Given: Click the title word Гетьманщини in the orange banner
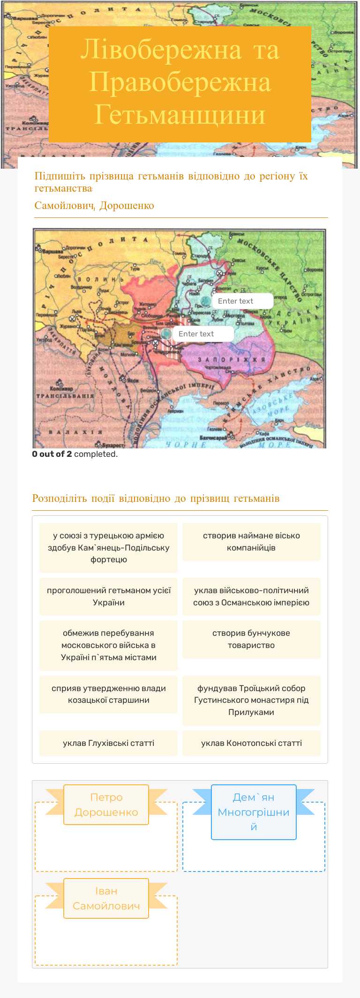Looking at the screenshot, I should click(x=180, y=115).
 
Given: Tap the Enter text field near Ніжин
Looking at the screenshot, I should click(x=242, y=301).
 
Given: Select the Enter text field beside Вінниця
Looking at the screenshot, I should click(x=202, y=334).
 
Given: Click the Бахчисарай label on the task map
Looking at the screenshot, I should click(x=213, y=438).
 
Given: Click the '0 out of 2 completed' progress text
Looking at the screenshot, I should click(x=75, y=454).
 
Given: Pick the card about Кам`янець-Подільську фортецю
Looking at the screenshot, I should click(x=108, y=547).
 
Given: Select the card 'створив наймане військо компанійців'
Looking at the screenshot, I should click(x=251, y=542).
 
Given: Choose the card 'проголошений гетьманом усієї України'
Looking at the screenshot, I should click(x=108, y=596).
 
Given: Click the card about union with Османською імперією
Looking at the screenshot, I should click(x=251, y=596).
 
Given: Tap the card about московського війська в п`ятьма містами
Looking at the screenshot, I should click(x=108, y=645).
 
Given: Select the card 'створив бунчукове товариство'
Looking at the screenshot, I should click(x=251, y=639).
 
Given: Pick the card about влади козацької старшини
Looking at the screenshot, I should click(x=108, y=694).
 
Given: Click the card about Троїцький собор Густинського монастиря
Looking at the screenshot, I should click(x=251, y=700).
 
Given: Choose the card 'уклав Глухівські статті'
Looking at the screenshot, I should click(x=108, y=743).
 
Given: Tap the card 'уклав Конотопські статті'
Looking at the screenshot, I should click(x=251, y=743).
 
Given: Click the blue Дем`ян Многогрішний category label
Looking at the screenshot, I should click(x=254, y=812).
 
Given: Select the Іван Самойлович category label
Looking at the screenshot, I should click(x=106, y=898).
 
